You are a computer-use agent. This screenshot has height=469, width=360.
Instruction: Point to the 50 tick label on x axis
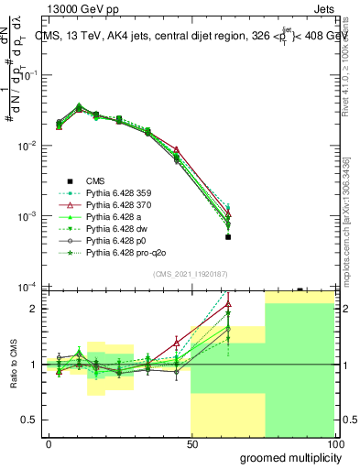tap(191, 443)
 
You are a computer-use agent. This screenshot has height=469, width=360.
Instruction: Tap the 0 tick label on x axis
tap(49, 443)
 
